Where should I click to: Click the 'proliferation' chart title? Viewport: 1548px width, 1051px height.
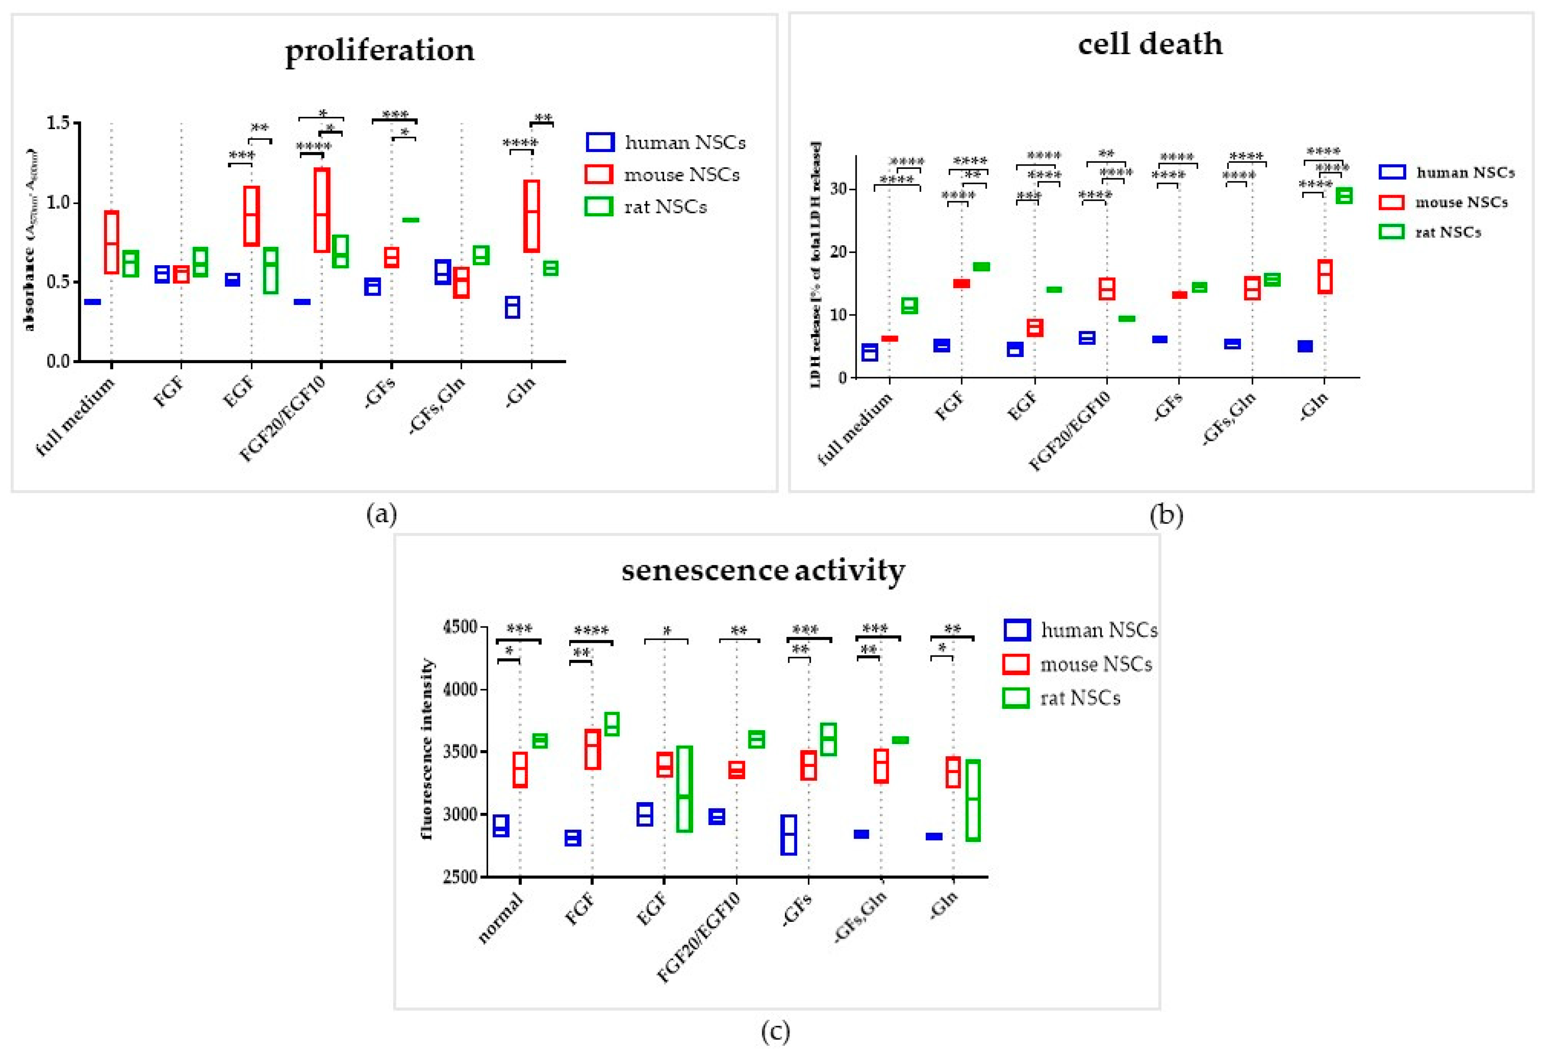[380, 50]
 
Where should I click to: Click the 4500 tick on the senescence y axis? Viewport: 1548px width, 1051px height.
[460, 627]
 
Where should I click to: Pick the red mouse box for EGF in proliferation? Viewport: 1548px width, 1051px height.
[252, 216]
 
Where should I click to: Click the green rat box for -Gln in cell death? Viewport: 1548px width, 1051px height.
[1344, 195]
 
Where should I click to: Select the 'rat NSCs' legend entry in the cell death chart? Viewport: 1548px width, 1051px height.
[1448, 232]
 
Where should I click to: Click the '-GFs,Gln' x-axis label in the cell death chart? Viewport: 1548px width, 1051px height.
[1230, 417]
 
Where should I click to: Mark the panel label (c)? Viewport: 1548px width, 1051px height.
[775, 1031]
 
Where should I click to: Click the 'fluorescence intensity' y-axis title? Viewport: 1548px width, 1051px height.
[427, 749]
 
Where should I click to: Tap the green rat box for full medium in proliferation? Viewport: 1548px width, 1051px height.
[131, 264]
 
